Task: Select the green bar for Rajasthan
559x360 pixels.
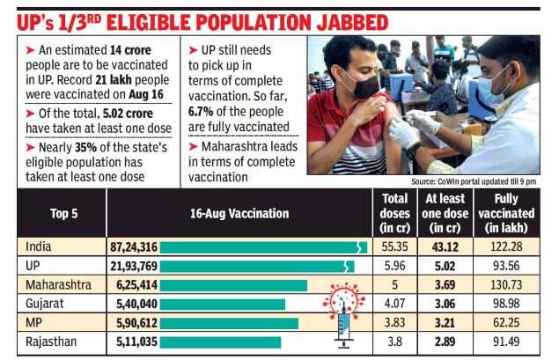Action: (x=220, y=342)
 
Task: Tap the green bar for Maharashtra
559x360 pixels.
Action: (x=233, y=285)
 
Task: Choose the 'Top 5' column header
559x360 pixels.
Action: (x=55, y=213)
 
